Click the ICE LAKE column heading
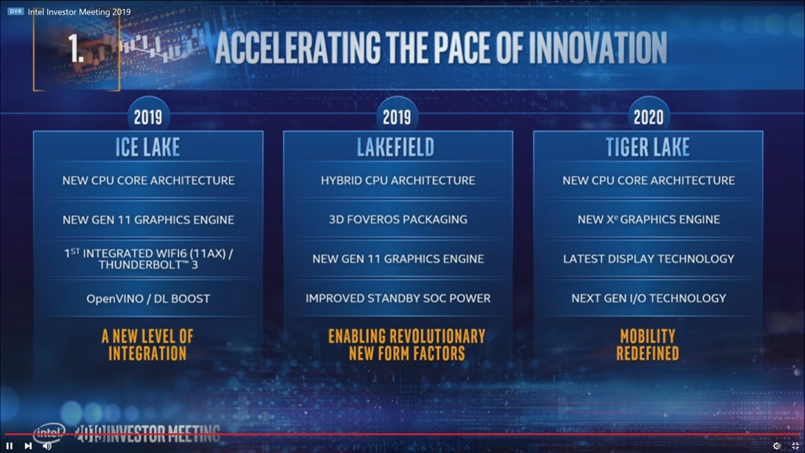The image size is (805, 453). (x=148, y=147)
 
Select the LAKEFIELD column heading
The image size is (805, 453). (x=396, y=147)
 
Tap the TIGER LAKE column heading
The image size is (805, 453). (x=647, y=147)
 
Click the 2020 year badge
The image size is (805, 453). (x=648, y=117)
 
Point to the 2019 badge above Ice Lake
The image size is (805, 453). (x=148, y=117)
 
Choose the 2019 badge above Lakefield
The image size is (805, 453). (x=396, y=117)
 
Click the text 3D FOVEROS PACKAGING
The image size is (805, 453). (x=398, y=220)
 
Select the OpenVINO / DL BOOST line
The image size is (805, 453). (x=148, y=299)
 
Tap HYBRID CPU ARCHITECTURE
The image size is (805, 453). (x=398, y=180)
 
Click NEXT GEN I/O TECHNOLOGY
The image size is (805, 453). (x=648, y=298)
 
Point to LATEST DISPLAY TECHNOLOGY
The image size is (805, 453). (x=648, y=259)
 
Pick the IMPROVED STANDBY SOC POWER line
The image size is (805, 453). (x=398, y=298)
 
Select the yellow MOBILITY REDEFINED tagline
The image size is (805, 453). (x=647, y=345)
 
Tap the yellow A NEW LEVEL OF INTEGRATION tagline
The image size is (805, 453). (x=147, y=345)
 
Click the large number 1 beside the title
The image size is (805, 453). (x=76, y=50)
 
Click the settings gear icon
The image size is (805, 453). (x=777, y=445)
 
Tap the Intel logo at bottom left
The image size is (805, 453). (x=48, y=433)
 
